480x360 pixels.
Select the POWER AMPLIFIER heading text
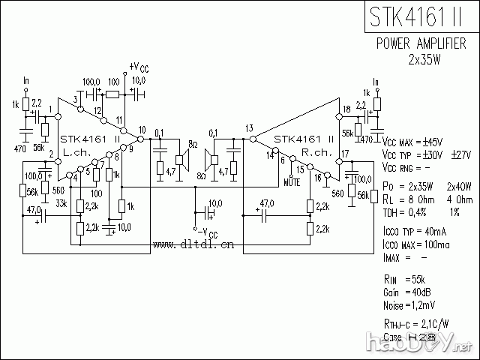(425, 44)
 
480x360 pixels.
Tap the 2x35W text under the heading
(424, 59)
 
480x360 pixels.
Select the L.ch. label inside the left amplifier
(77, 152)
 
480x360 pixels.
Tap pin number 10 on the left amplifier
(142, 130)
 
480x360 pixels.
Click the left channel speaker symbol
(181, 157)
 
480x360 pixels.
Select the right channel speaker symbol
(211, 158)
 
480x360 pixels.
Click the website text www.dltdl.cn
(193, 244)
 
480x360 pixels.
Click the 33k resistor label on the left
(61, 203)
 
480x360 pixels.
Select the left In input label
(27, 80)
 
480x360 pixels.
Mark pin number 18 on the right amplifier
(346, 110)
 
